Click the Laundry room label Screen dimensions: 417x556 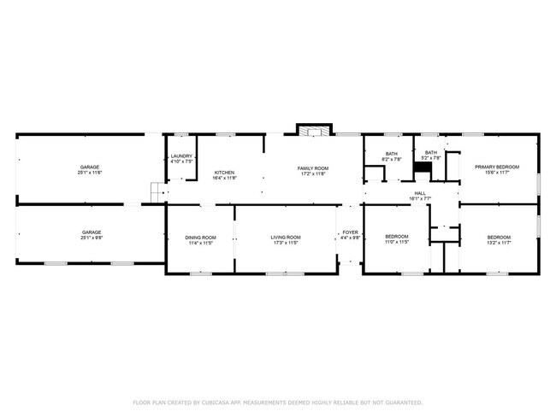[181, 156]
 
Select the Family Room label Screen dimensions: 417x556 [313, 168]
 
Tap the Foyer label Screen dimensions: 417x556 [350, 232]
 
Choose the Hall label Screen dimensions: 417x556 [420, 193]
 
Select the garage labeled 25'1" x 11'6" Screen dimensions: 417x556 [91, 167]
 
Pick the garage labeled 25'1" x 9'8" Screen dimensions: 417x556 [92, 232]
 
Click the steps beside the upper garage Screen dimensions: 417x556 [157, 192]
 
